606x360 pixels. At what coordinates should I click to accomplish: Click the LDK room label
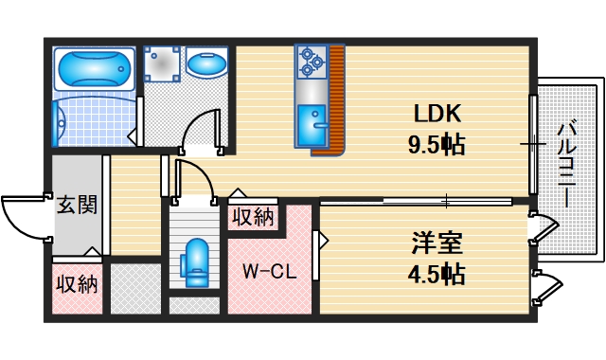point(437,114)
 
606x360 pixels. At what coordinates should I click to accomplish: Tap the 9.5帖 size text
point(437,147)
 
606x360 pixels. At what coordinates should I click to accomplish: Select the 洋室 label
point(437,243)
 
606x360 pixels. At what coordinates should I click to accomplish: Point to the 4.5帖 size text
point(437,275)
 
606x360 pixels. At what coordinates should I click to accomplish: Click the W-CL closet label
point(269,272)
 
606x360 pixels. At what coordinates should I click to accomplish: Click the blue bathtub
point(94,68)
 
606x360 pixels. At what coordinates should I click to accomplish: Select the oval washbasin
point(207,65)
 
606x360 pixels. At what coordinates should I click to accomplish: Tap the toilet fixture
point(197,260)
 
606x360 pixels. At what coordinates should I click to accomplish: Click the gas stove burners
point(311,63)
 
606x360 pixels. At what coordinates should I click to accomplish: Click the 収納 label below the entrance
point(76,283)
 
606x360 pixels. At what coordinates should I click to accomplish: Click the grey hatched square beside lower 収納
point(135,288)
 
